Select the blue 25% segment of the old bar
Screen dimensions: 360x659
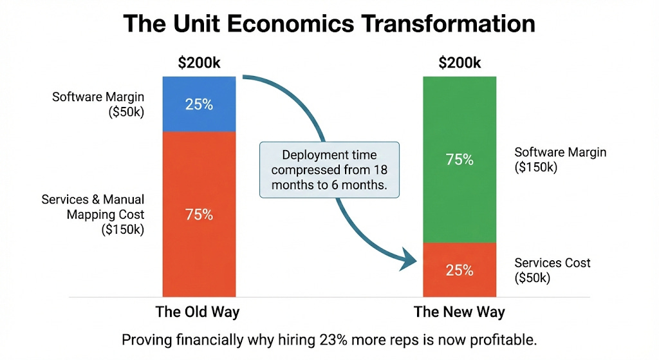(x=199, y=104)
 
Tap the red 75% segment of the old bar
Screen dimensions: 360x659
(x=199, y=214)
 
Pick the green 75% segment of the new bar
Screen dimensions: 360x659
(x=459, y=160)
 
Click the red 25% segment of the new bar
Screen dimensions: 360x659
(x=459, y=269)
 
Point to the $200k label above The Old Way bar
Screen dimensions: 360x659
(x=200, y=63)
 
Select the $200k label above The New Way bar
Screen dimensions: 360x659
(x=459, y=63)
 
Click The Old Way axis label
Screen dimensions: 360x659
(x=198, y=312)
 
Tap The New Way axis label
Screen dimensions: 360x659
(x=459, y=312)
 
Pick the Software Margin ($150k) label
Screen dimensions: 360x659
(x=561, y=160)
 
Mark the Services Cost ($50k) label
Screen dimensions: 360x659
(x=553, y=270)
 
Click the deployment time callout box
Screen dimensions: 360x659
(x=329, y=169)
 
